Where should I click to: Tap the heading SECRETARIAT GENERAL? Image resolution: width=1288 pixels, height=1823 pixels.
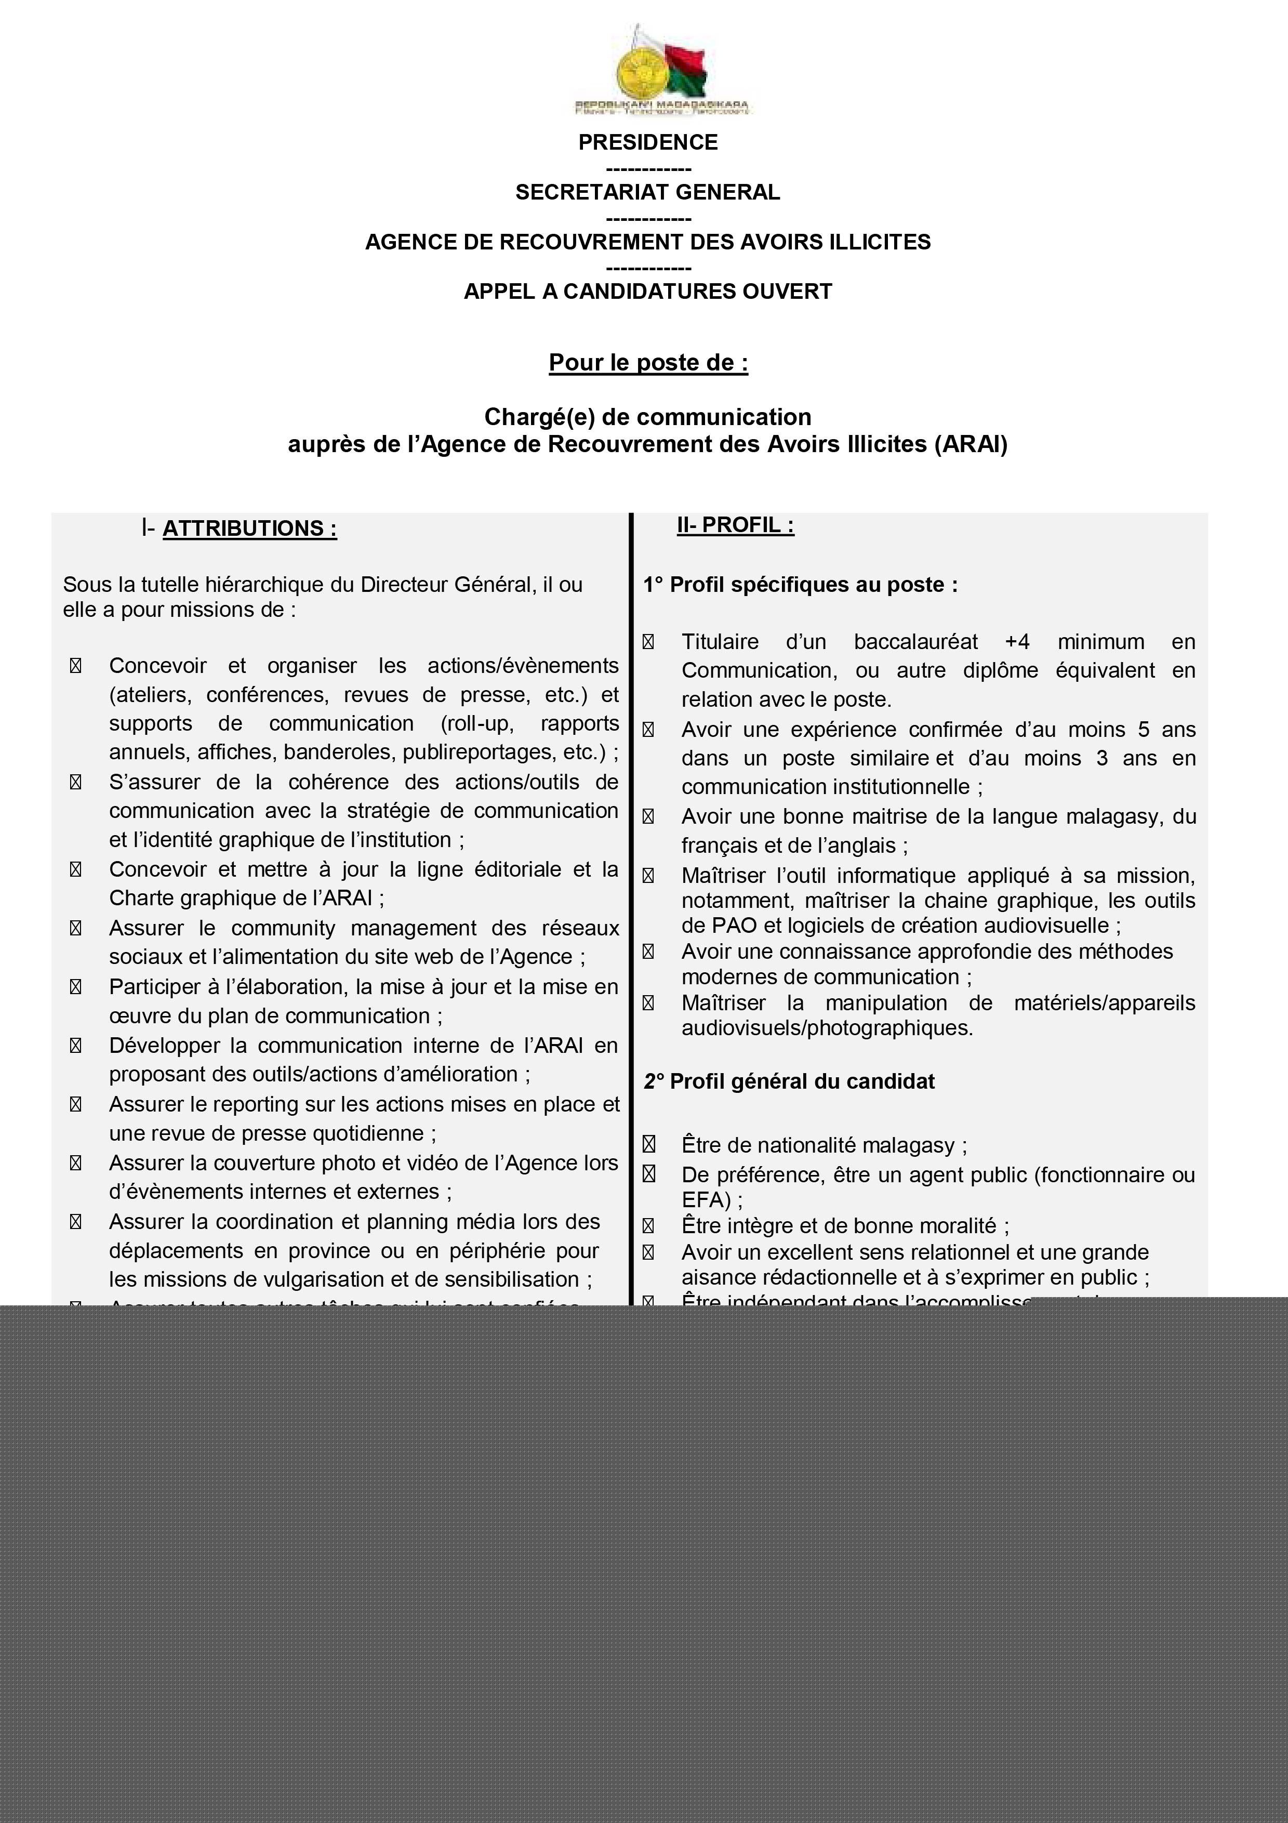click(647, 192)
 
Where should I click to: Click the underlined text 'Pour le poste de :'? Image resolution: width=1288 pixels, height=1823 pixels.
click(647, 363)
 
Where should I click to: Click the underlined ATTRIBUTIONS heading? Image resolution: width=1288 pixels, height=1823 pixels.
click(249, 529)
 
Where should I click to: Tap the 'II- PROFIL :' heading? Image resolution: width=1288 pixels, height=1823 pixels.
click(735, 525)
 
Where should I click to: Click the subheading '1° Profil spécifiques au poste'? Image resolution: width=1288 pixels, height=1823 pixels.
click(800, 585)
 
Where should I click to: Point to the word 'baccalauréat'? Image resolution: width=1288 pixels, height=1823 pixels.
click(916, 642)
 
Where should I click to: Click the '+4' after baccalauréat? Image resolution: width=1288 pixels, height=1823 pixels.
click(1017, 642)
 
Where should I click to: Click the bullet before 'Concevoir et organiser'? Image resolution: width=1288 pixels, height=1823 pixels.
click(75, 666)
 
